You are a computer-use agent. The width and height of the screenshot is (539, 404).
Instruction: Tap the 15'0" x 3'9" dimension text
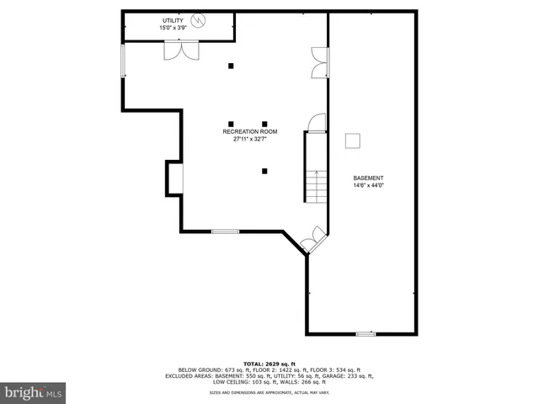177,28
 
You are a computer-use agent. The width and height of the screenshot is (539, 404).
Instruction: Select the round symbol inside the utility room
199,20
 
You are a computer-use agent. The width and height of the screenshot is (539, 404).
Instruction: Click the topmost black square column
231,66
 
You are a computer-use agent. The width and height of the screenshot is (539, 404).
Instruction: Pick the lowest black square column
264,171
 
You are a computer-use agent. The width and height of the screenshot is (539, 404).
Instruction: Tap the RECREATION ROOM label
249,131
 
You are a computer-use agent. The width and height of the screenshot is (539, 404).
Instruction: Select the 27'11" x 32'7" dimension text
249,140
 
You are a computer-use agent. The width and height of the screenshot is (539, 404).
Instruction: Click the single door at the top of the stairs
316,124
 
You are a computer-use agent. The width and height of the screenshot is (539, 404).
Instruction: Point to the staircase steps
315,185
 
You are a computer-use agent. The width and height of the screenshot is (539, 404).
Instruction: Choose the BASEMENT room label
368,178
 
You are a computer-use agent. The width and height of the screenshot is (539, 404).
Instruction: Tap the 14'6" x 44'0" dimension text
368,186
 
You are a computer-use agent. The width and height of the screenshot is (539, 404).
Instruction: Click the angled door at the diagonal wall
311,238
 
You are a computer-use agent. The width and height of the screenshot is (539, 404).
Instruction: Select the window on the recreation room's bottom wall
225,231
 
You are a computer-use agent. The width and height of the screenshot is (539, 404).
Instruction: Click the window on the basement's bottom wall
366,334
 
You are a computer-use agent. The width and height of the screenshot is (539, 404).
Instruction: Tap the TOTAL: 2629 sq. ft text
269,363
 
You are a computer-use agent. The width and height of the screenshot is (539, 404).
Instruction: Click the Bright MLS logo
34,392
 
